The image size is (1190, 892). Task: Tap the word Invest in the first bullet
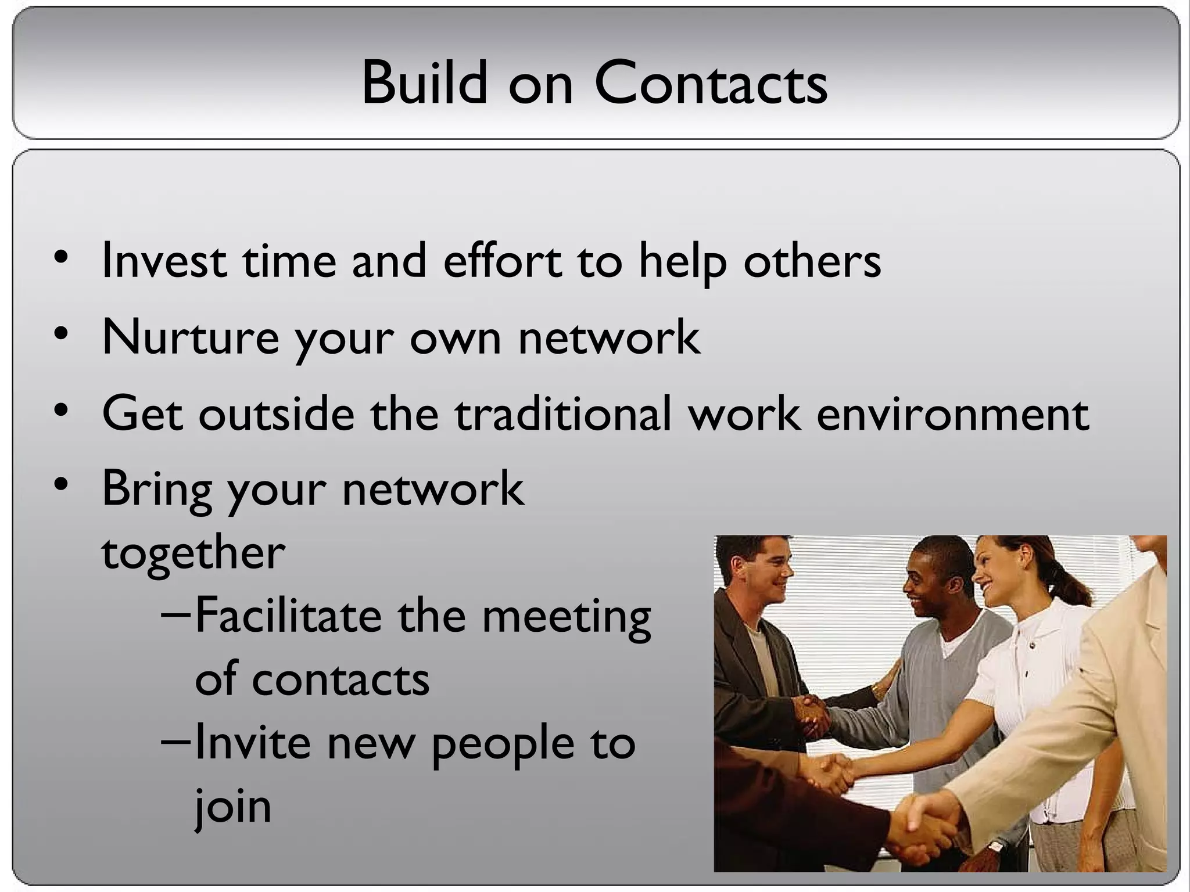click(163, 261)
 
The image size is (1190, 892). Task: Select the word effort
click(503, 261)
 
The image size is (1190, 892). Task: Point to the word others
click(812, 261)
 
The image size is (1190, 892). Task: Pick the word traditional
click(562, 413)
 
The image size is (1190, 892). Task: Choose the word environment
click(952, 413)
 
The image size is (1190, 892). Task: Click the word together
click(193, 552)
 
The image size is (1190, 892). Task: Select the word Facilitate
click(288, 616)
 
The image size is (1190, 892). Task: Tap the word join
click(232, 807)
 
